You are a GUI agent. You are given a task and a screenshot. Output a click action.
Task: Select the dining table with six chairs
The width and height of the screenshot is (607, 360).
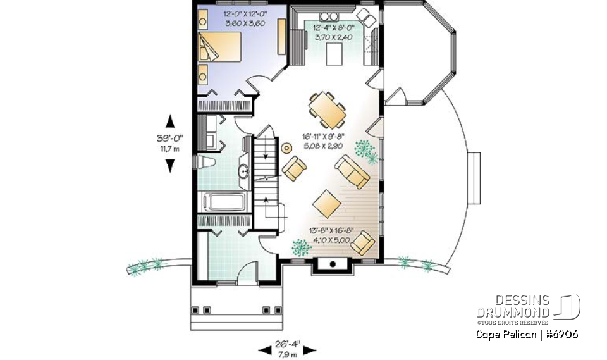(328, 108)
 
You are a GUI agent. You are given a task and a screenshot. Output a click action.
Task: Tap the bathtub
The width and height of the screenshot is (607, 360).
(223, 203)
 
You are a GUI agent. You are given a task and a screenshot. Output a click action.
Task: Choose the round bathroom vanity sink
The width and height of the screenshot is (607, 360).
(243, 171)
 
